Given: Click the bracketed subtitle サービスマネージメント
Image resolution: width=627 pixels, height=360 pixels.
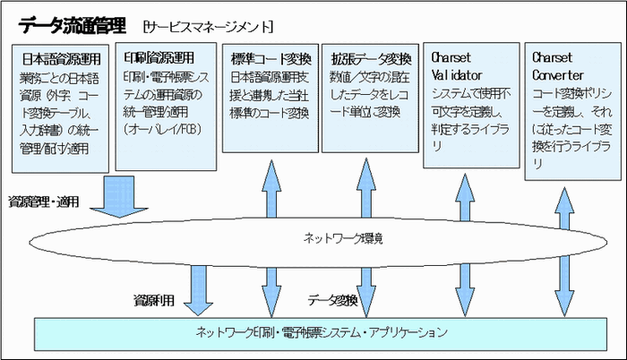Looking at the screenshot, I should click(193, 21).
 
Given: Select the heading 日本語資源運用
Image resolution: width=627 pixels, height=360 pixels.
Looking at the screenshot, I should click(62, 59).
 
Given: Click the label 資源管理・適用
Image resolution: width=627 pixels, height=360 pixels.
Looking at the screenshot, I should click(44, 201).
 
